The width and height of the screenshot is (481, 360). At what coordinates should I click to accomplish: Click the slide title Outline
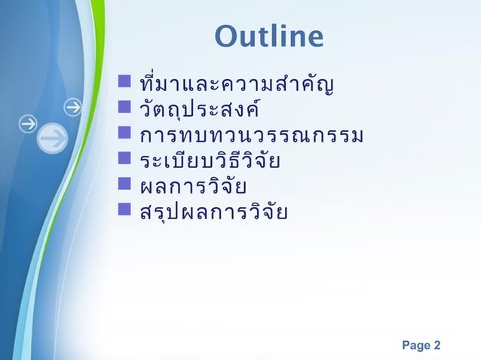(268, 36)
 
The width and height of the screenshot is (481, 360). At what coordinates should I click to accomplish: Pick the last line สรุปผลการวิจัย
(210, 212)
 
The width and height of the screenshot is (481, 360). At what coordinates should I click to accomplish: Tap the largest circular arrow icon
(52, 139)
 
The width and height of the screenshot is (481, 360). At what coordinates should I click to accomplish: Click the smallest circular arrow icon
(73, 107)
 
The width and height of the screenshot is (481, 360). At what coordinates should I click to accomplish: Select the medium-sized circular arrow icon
(28, 123)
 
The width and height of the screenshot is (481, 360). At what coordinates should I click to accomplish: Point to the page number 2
(437, 346)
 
